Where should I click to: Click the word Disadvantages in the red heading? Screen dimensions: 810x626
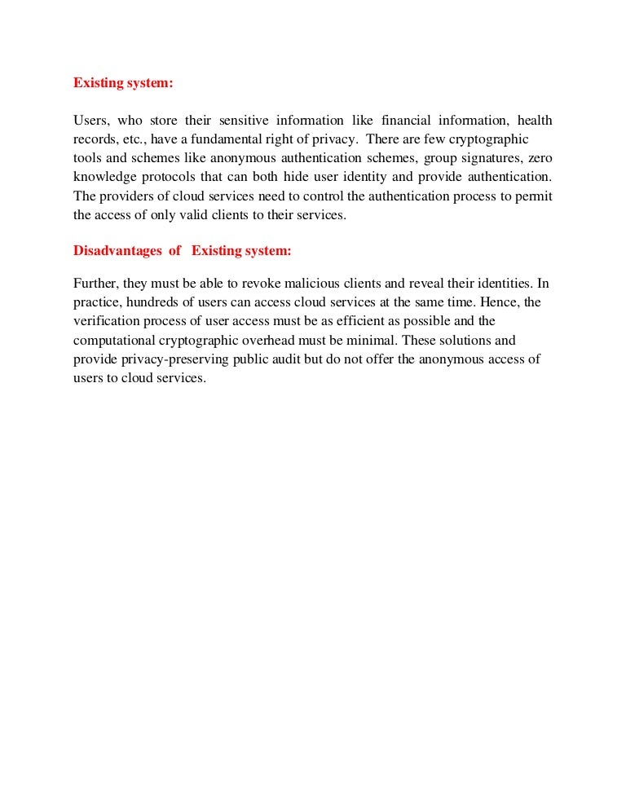click(117, 251)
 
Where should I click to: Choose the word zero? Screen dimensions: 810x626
click(540, 158)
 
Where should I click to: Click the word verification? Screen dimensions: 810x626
click(106, 321)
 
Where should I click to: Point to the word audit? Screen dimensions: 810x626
click(301, 359)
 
